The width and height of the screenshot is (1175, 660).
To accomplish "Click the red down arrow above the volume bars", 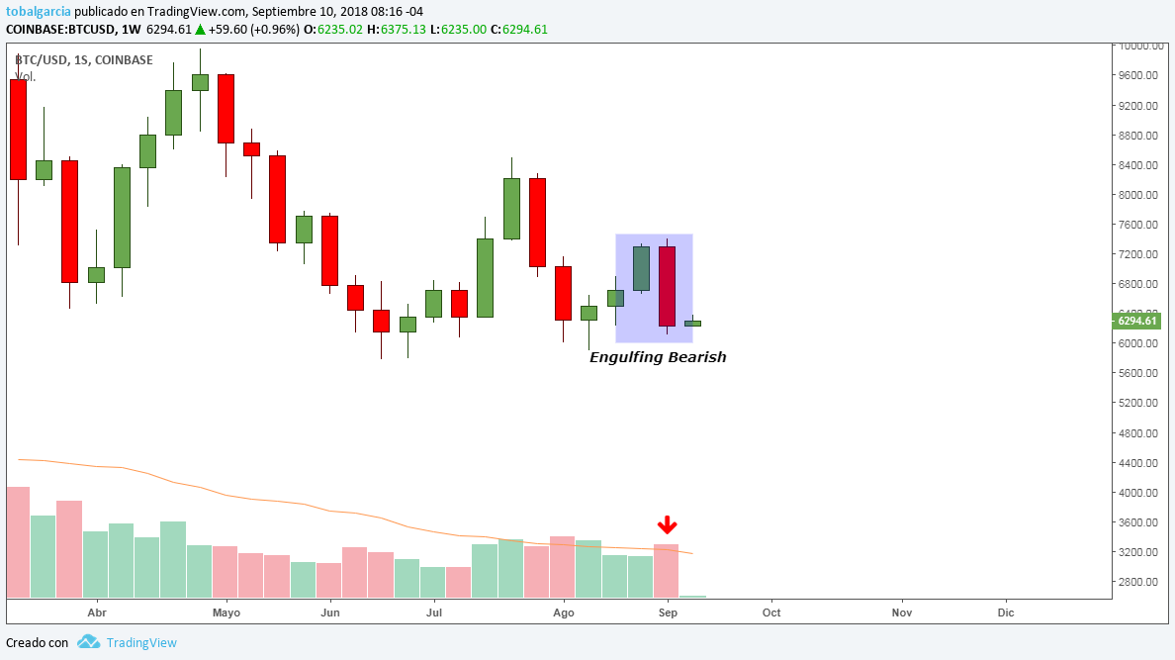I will coord(668,524).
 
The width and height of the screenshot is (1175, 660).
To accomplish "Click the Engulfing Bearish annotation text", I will coord(658,357).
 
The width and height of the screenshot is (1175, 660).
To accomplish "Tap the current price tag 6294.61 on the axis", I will coord(1135,321).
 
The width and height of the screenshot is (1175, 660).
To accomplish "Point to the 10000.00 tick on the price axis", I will coord(1137,46).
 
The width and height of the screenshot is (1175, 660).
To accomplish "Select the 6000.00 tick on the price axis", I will coord(1137,343).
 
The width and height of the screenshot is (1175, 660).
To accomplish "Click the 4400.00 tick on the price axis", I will coord(1137,463).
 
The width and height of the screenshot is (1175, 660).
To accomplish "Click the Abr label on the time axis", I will coord(97,613).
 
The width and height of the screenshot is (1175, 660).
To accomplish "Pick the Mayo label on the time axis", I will coord(226,613).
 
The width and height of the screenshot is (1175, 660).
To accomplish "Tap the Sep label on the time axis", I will coord(668,613).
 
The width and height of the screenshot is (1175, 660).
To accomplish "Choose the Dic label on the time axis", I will coord(1006,613).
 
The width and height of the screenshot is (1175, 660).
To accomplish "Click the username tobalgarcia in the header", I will coord(39,12).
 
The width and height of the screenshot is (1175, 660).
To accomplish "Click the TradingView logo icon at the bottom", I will coord(89,642).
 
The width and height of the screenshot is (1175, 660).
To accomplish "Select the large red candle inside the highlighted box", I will coord(667,286).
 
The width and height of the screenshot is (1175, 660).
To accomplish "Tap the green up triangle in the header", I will coord(200,30).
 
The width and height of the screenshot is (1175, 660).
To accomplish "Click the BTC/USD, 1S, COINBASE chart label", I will coord(84,60).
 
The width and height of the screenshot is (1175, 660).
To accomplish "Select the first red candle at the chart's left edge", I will coord(18,130).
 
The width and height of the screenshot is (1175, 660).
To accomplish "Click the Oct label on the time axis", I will coord(771,613).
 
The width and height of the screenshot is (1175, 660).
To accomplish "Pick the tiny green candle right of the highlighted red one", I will coord(692,323).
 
